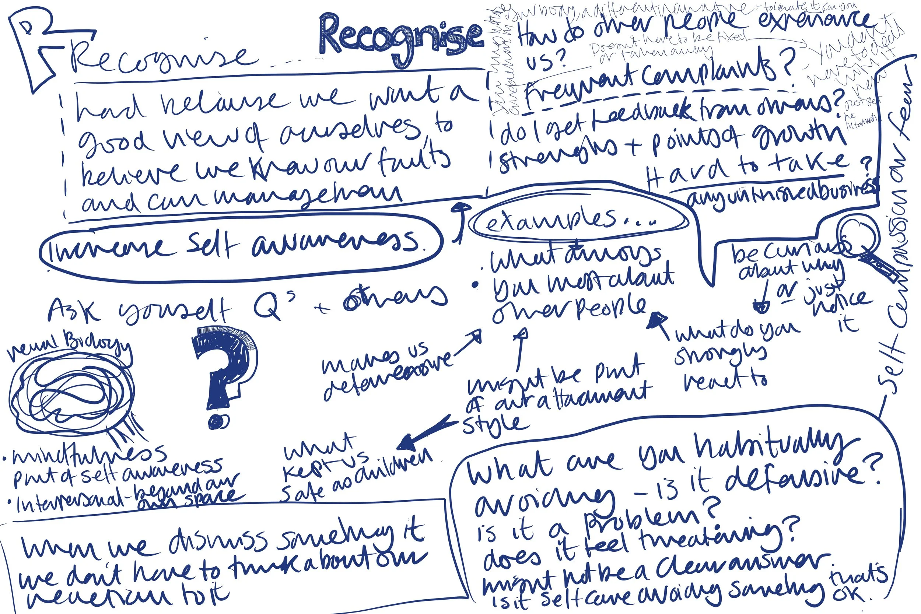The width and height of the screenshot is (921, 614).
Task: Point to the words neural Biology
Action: (69, 347)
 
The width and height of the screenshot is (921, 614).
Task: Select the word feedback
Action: (642, 113)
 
